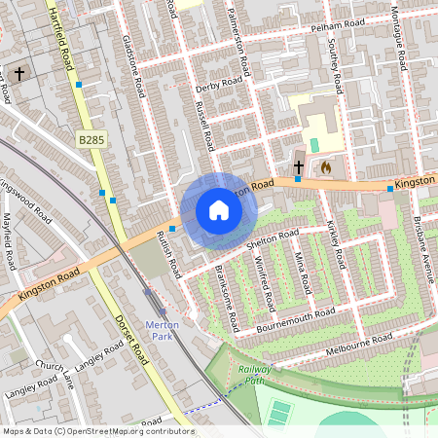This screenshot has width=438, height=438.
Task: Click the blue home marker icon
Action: click(x=219, y=210)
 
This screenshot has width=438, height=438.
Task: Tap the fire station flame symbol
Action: click(x=326, y=167)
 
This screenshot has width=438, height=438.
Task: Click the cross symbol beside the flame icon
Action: click(x=299, y=167)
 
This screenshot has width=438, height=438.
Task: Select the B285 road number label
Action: click(x=91, y=141)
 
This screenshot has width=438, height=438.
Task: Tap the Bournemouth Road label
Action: click(x=296, y=320)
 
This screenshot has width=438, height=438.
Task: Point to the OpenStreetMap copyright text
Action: click(x=97, y=431)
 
